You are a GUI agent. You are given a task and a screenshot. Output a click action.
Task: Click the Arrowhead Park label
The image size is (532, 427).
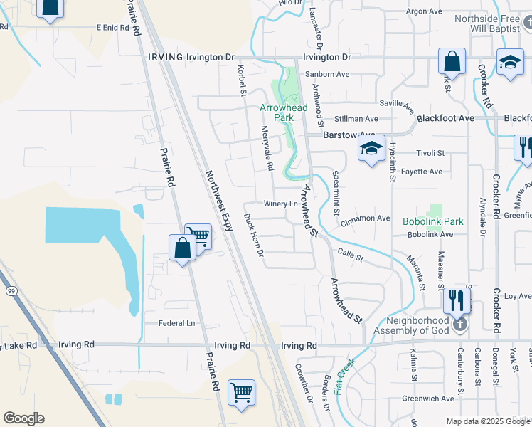(283, 112)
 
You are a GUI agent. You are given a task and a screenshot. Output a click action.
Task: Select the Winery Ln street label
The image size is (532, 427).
(281, 204)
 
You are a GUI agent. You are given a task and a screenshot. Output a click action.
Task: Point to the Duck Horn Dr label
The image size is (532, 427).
(254, 234)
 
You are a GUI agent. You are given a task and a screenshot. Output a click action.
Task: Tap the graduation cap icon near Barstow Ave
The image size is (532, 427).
(371, 149)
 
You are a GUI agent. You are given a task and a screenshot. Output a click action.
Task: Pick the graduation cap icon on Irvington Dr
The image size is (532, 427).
(510, 62)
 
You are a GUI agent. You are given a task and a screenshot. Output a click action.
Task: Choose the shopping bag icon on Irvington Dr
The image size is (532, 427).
(451, 62)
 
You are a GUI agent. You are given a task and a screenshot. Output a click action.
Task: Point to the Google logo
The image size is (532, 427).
(23, 418)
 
